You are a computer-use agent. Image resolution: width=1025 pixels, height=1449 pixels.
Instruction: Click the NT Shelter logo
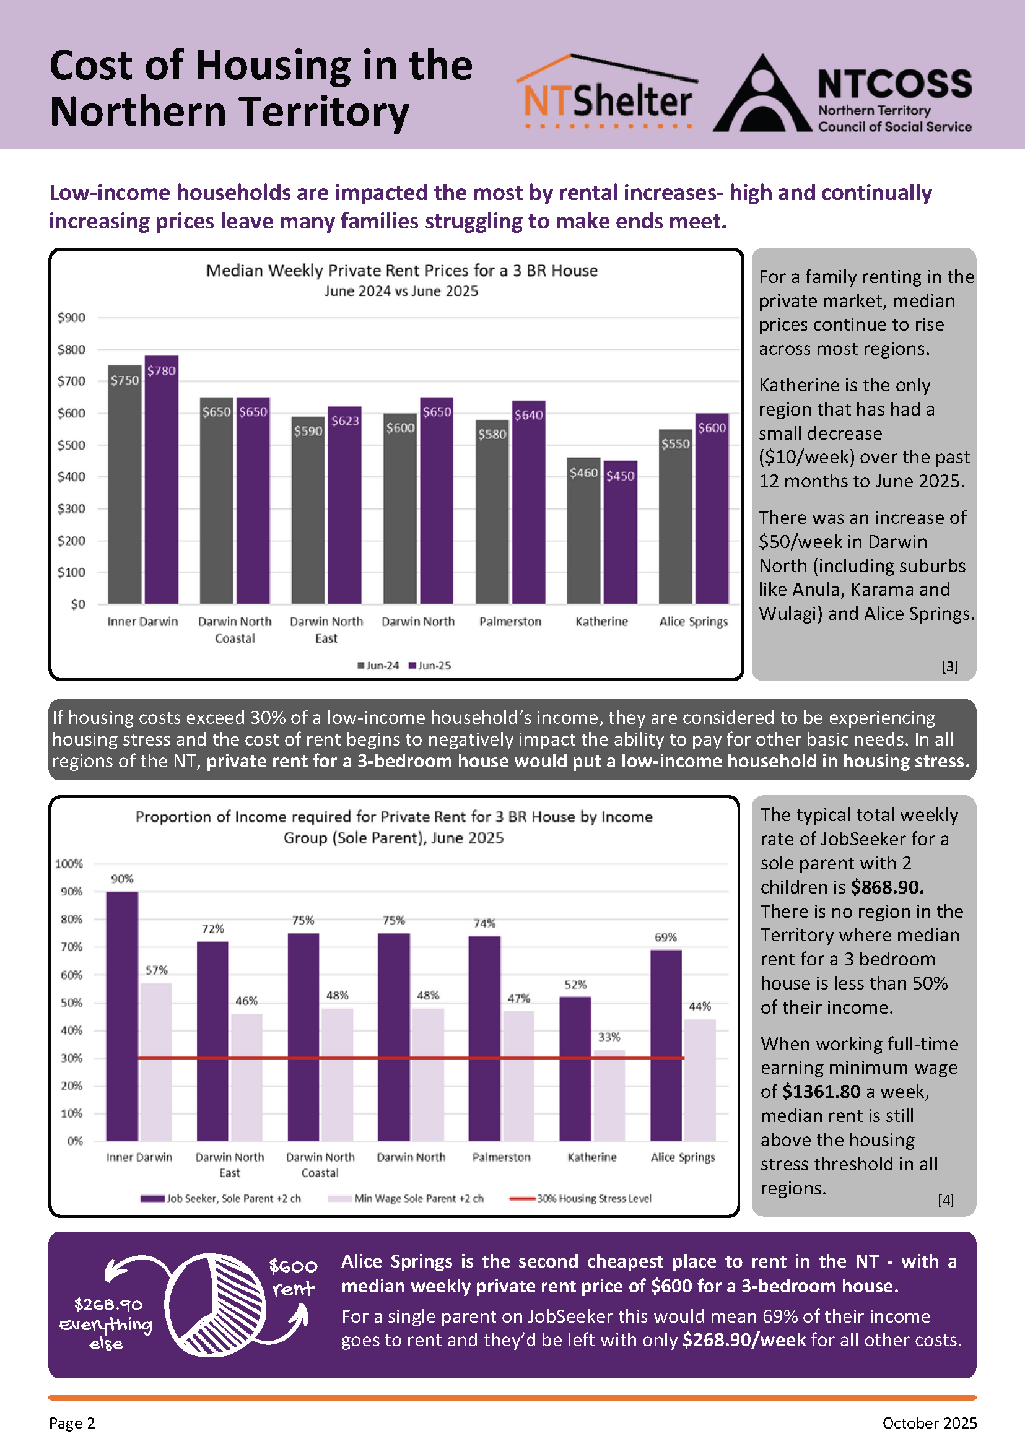607,92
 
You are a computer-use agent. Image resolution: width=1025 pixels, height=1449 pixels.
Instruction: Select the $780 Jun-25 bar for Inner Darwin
162,480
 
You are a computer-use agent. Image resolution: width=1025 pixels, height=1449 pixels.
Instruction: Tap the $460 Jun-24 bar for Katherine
584,531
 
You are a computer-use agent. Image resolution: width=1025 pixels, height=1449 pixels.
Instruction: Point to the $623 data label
345,420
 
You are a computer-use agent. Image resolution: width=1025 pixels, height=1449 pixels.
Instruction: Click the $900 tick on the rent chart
71,318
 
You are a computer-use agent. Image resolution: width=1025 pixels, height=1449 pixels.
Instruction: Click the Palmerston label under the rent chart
510,622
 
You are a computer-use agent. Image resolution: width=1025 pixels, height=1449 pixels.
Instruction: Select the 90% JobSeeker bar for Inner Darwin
122,1016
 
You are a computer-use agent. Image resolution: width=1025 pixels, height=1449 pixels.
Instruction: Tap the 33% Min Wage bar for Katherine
609,1095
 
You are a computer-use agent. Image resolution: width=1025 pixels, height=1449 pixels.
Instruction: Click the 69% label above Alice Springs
665,937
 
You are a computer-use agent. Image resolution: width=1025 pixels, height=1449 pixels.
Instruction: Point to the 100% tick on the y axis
69,863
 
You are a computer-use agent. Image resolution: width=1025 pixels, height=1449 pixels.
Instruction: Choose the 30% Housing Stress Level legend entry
580,1198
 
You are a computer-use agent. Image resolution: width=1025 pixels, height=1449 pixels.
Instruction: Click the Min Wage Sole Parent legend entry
406,1198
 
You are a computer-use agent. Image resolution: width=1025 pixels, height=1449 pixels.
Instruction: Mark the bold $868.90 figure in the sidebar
887,887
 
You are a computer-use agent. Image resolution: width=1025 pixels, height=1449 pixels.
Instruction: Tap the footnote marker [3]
949,666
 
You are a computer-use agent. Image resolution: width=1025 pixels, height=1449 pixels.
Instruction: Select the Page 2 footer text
72,1423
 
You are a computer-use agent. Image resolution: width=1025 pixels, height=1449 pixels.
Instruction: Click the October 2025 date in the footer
929,1423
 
